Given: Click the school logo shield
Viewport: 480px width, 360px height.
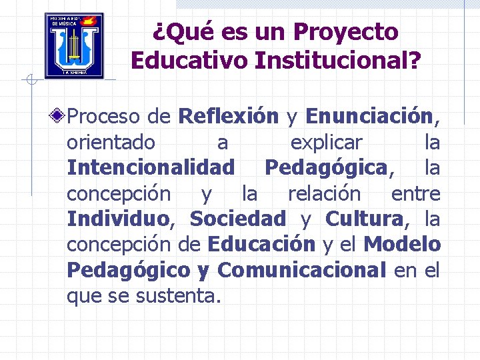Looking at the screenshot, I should click(x=74, y=46).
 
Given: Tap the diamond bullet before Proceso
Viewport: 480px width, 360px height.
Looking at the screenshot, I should click(x=59, y=117).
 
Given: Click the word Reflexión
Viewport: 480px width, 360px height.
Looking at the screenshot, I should click(x=228, y=117).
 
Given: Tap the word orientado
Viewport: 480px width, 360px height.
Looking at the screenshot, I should click(x=111, y=143).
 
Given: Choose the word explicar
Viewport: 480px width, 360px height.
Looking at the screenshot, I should click(x=326, y=143).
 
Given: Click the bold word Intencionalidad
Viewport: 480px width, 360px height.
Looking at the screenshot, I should click(x=151, y=168).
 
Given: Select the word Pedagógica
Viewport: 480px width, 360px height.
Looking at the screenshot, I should click(x=325, y=168).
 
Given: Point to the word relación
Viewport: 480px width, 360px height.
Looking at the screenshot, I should click(x=323, y=194).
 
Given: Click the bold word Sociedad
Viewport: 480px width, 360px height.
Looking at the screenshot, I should click(x=237, y=219).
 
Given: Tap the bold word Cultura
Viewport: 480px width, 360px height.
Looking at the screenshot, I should click(x=364, y=219).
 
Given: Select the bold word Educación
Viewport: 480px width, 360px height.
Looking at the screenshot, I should click(x=261, y=245).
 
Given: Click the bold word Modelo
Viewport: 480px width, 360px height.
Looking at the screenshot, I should click(x=402, y=245).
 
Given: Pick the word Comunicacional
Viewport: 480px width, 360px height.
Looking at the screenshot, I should click(x=301, y=270).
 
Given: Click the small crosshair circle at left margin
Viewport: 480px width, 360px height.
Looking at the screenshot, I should click(x=30, y=81).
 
